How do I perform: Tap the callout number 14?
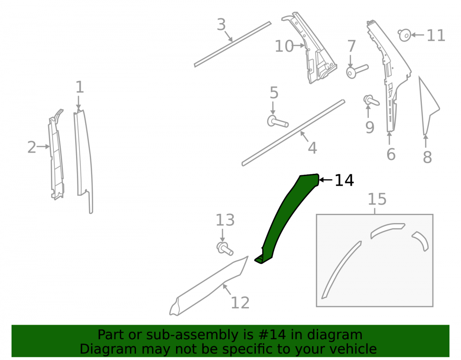click(344, 180)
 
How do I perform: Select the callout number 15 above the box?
click(377, 199)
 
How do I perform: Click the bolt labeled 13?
click(225, 248)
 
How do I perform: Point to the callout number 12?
click(240, 303)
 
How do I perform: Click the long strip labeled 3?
click(232, 44)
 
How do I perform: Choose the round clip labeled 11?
click(405, 35)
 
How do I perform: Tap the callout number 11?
click(436, 35)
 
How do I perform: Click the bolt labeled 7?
click(357, 71)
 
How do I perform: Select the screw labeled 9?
click(371, 100)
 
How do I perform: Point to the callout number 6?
click(391, 154)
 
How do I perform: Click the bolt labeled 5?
click(278, 122)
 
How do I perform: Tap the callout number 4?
click(312, 148)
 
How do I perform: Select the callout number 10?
click(284, 46)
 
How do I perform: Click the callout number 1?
click(80, 87)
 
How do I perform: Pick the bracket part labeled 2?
click(56, 154)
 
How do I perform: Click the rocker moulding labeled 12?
click(209, 287)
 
